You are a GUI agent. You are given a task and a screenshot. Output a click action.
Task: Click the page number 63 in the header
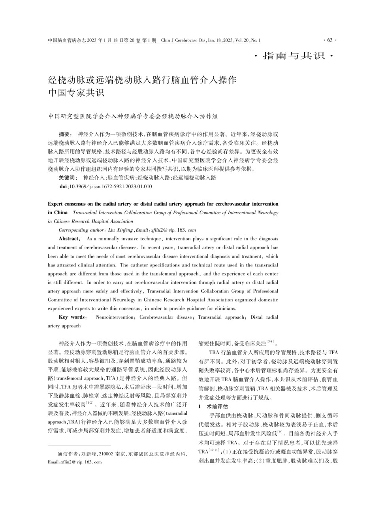(330, 40)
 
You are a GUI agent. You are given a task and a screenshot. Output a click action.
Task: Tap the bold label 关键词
(68, 178)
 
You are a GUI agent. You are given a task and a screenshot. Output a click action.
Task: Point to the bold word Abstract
(69, 239)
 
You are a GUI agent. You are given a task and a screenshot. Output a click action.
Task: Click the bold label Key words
(73, 317)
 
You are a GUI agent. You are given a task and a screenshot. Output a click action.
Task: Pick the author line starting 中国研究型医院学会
(133, 117)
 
